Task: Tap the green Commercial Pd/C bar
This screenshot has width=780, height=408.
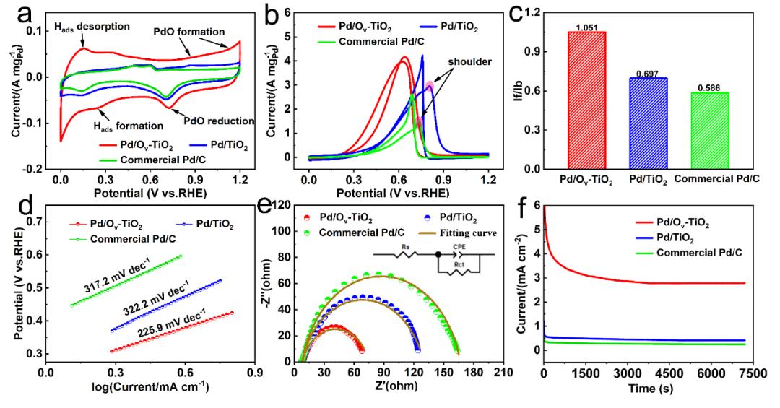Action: pos(723,130)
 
